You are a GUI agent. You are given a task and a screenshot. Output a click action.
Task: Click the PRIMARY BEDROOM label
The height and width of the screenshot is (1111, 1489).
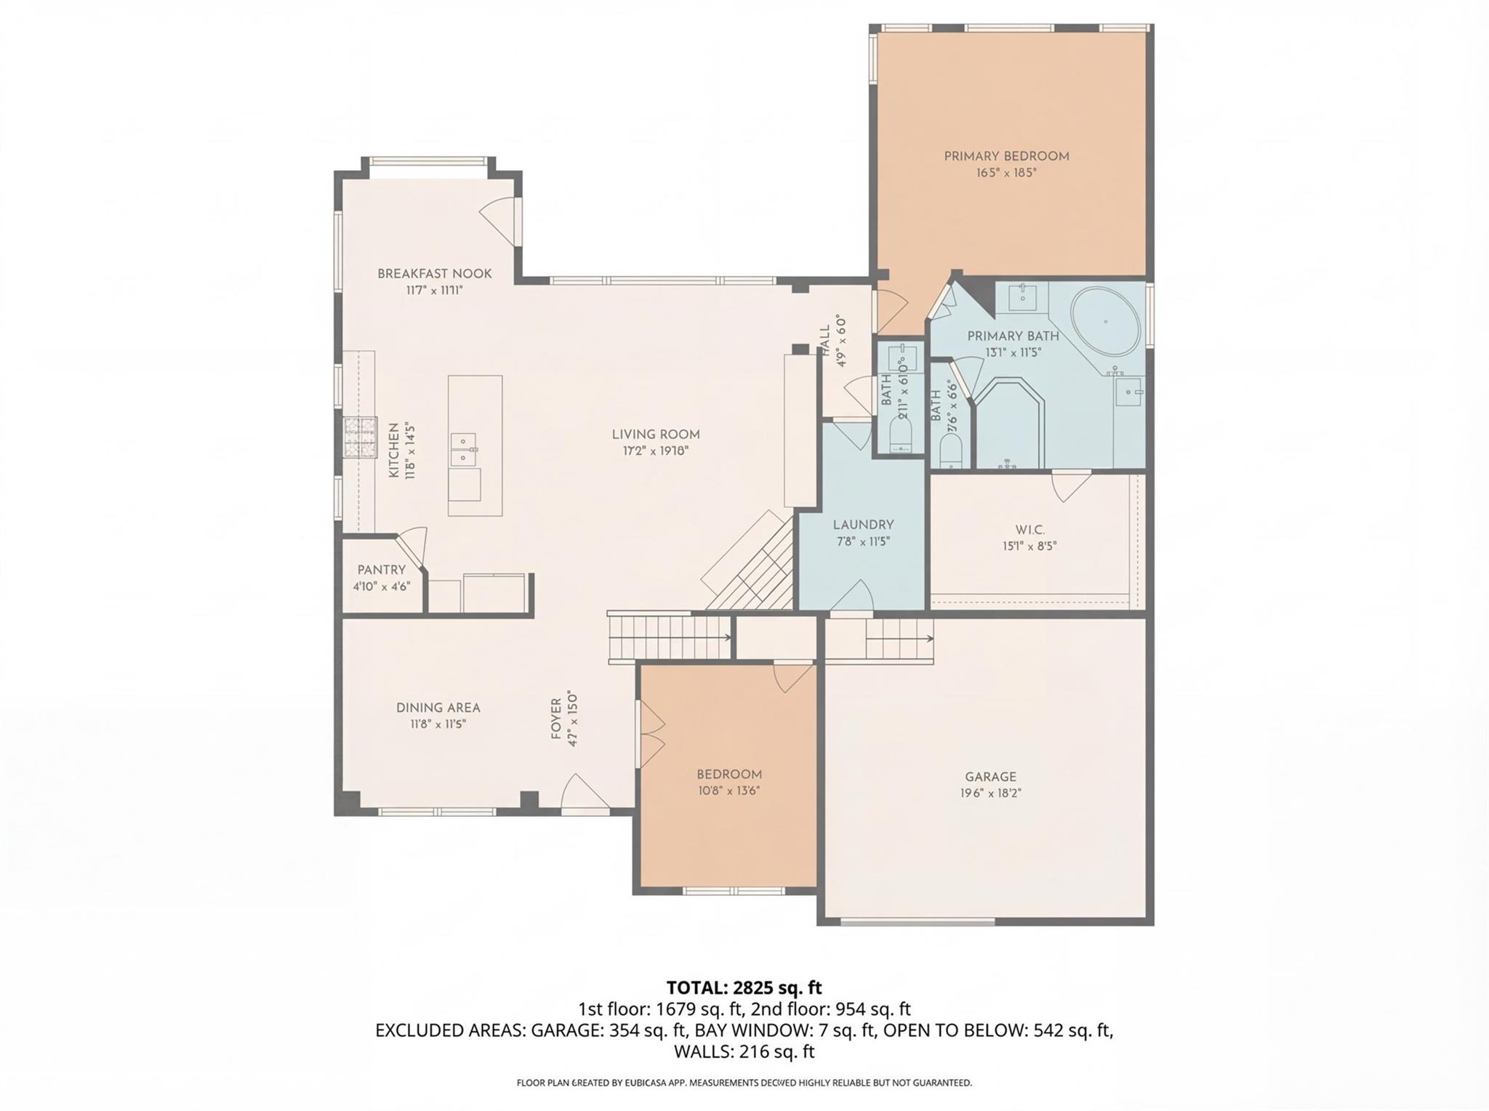(x=1006, y=156)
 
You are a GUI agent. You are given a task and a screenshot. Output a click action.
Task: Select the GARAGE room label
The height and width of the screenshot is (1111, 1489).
(x=990, y=777)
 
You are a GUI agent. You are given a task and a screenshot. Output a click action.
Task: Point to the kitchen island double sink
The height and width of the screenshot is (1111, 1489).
(x=463, y=450)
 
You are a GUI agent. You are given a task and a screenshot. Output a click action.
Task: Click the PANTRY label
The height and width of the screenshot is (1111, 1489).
(x=381, y=570)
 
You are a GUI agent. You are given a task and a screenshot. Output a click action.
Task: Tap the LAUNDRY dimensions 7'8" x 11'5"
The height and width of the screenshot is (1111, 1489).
(x=862, y=541)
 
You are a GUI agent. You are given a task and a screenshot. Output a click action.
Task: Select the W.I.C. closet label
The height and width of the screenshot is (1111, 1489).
(x=1029, y=529)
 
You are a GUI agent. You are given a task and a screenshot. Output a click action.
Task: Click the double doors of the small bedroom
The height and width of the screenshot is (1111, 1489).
(x=651, y=735)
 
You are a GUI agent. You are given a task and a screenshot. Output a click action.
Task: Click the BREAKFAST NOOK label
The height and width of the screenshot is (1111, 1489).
(x=434, y=274)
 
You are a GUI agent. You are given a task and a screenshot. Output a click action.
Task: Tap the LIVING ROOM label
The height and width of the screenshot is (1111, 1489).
(x=655, y=435)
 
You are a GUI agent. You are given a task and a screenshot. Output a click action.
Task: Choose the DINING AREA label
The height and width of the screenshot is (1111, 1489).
(x=438, y=708)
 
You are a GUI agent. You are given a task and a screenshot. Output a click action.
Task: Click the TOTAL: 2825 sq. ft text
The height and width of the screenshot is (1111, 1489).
(x=744, y=988)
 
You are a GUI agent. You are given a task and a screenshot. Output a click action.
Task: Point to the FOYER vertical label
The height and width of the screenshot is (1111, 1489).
(x=556, y=719)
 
